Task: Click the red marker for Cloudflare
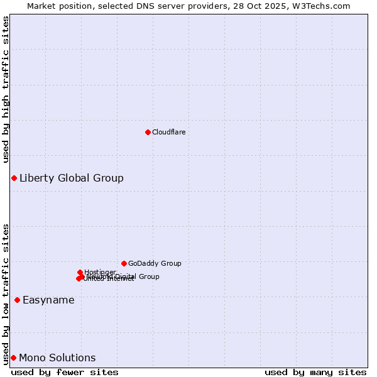[148, 132]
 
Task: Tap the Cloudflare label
[168, 132]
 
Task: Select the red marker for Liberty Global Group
[14, 178]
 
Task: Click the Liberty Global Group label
[71, 178]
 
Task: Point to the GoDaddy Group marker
[124, 263]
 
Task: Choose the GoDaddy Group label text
[155, 264]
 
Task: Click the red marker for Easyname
[17, 300]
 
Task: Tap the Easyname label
[48, 300]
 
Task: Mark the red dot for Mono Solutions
[13, 358]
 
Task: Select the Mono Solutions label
[57, 358]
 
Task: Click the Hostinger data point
[80, 272]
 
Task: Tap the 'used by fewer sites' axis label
[65, 372]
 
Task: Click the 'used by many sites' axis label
[315, 372]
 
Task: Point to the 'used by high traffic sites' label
[6, 89]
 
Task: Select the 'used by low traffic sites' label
[6, 293]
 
